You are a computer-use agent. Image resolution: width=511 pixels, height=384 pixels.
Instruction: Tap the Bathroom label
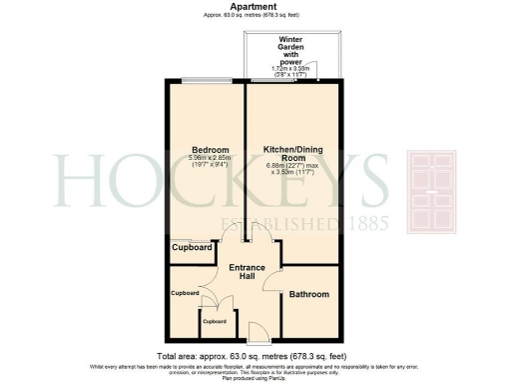[x=307, y=295]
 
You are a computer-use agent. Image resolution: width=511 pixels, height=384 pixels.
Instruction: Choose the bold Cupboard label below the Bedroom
[x=192, y=247]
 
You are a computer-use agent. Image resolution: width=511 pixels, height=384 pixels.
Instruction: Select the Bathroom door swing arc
[x=275, y=281]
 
